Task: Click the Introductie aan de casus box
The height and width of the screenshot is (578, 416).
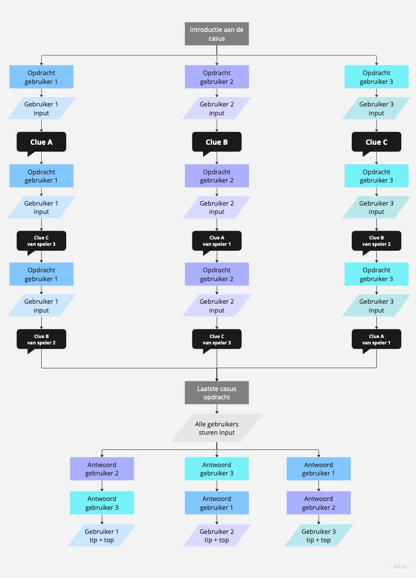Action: coord(216,34)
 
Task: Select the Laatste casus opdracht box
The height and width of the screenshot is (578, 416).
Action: coord(216,393)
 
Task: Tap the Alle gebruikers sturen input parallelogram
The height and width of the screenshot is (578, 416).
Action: coord(216,428)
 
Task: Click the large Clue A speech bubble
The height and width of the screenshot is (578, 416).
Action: coord(41,142)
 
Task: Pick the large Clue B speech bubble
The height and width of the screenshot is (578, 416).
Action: coord(216,142)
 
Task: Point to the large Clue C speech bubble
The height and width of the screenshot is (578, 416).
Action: coord(376,142)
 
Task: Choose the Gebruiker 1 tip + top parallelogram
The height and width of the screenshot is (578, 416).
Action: coord(102,535)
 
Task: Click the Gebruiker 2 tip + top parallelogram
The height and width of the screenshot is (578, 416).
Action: coord(216,535)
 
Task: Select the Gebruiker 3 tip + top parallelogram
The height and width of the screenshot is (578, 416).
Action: coord(318,535)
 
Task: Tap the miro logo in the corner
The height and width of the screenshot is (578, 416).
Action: coord(399,566)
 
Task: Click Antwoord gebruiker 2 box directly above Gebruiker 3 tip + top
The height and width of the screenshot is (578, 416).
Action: coord(318,502)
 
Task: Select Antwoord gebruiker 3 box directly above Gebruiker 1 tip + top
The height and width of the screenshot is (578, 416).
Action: coord(102,502)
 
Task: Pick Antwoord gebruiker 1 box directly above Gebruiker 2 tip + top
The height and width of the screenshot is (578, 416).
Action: coord(216,502)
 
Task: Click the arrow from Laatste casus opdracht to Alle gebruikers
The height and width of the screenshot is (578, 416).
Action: coord(216,409)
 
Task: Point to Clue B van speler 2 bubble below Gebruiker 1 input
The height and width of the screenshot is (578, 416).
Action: coord(41,339)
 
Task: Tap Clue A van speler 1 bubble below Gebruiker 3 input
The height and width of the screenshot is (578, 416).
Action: coord(376,339)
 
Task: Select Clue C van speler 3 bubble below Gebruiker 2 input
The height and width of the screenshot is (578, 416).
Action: coord(216,339)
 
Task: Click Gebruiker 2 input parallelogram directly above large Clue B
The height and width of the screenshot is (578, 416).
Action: coord(216,108)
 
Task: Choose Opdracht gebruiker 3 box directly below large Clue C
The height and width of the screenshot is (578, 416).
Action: coord(376,176)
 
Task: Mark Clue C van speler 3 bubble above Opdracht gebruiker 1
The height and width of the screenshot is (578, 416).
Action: coord(41,240)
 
